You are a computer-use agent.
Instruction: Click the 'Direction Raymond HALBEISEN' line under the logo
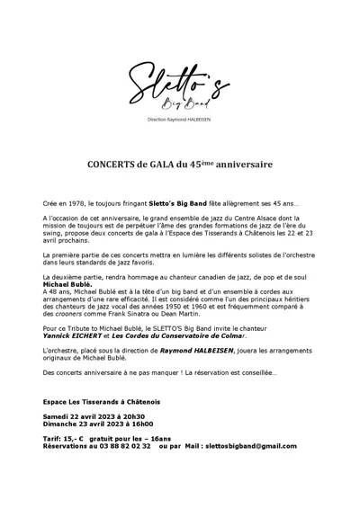coord(179,120)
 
